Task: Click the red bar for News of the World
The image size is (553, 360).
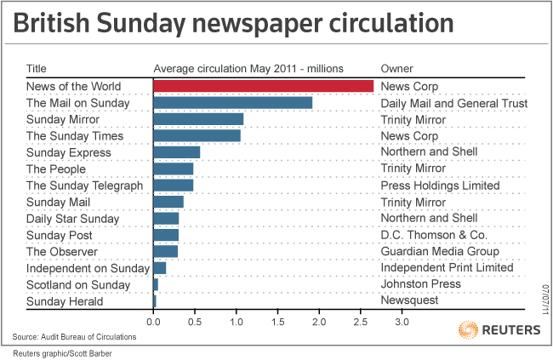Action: click(263, 86)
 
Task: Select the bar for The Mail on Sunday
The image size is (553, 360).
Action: click(232, 103)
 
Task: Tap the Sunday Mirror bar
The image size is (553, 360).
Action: click(198, 119)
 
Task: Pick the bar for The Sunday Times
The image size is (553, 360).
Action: click(197, 136)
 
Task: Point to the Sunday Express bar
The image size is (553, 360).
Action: click(176, 152)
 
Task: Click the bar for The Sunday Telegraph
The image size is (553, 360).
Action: click(173, 186)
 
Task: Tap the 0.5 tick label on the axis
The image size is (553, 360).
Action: click(194, 323)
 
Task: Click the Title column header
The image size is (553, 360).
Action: click(37, 69)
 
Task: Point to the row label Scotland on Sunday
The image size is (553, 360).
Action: click(78, 285)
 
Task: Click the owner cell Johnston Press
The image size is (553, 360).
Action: click(421, 285)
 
